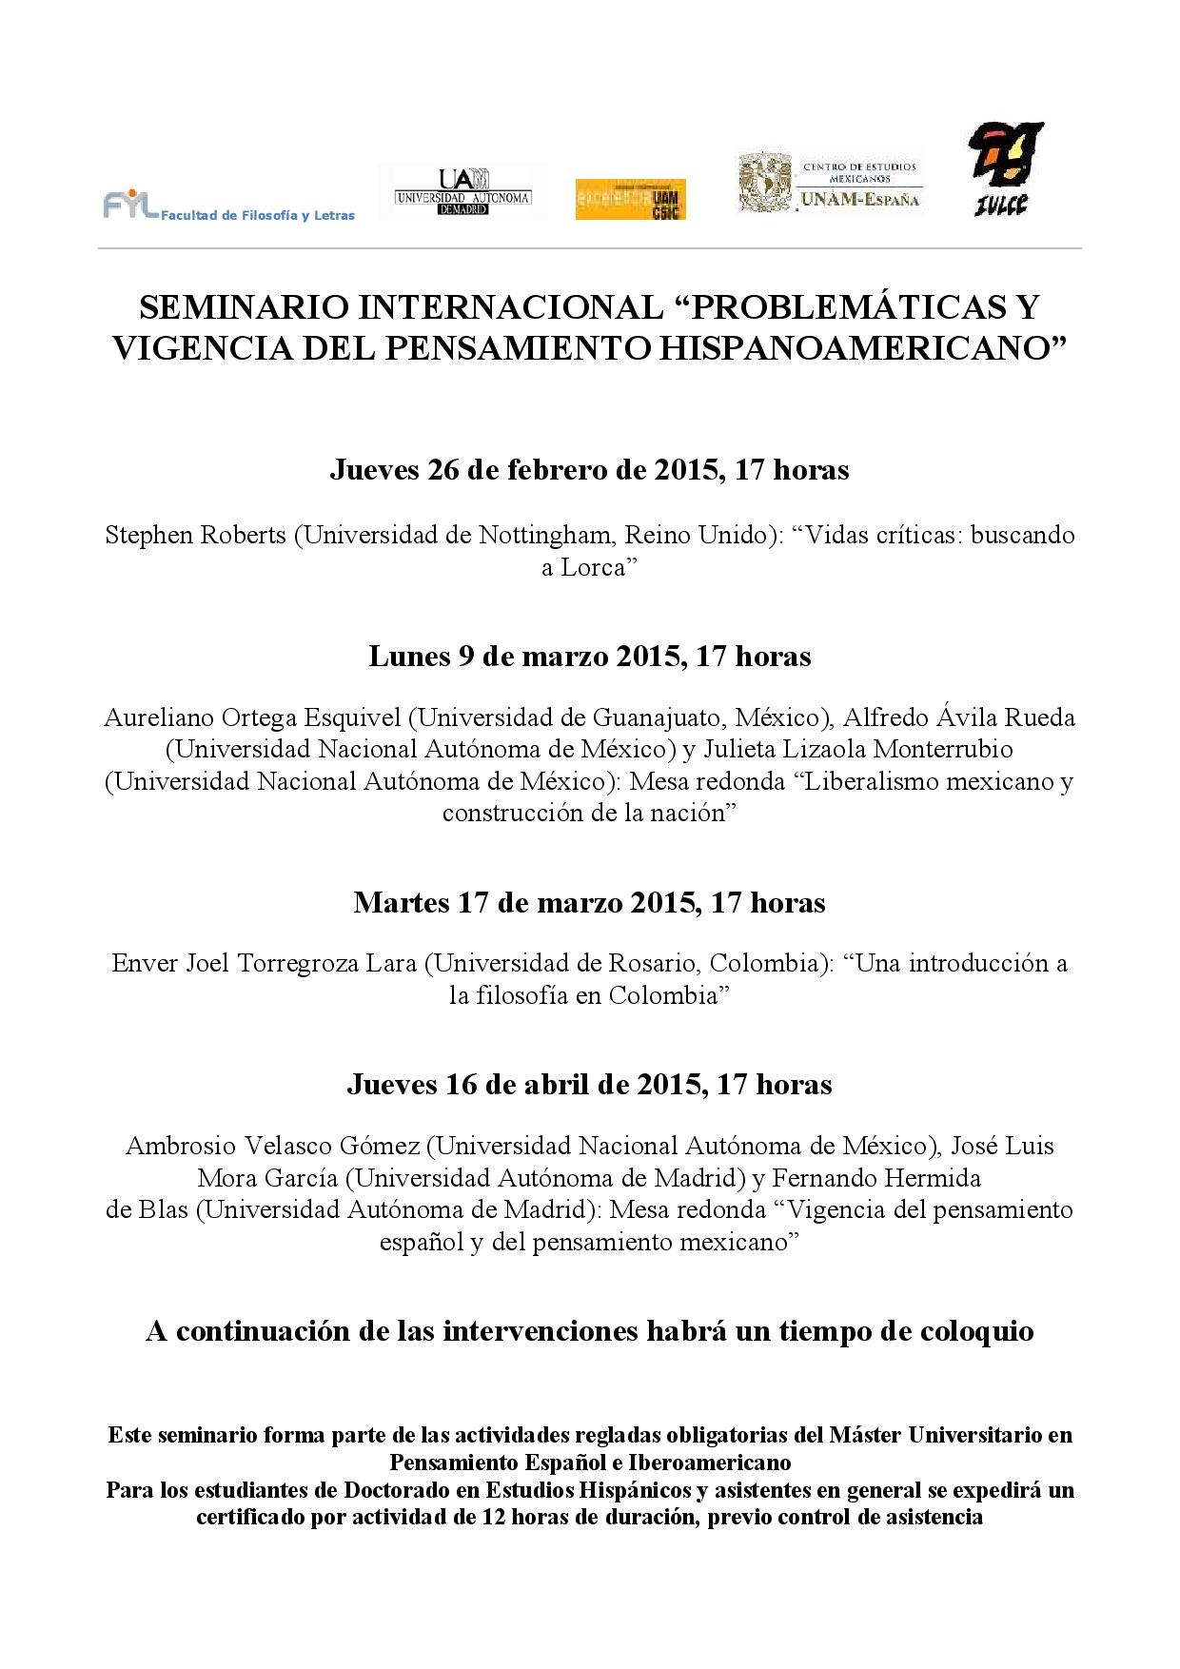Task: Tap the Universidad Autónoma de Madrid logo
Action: (462, 191)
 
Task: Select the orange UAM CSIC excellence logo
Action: (630, 199)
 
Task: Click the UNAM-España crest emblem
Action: (765, 185)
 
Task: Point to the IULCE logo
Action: (1004, 168)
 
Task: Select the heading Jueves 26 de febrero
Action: (589, 469)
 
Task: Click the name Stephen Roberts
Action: (195, 535)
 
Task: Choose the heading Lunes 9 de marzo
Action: (589, 656)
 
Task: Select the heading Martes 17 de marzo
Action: (589, 901)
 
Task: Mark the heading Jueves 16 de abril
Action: (589, 1084)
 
